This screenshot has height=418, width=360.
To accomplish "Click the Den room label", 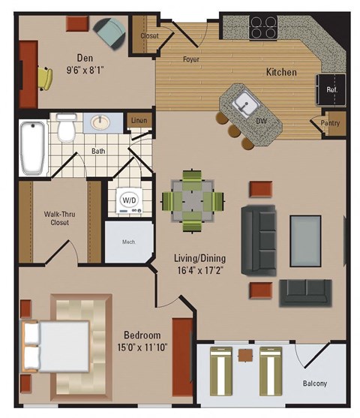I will click(85, 57).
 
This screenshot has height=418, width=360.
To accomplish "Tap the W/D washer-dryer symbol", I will click(129, 201).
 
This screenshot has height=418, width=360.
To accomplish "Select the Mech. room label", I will click(127, 242).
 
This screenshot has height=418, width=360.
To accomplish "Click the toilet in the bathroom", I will click(67, 130).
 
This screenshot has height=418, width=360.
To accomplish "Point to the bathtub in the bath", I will click(32, 146).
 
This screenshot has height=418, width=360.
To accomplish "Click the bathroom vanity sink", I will click(100, 122).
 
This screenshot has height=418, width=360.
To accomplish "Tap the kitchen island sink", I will click(243, 104).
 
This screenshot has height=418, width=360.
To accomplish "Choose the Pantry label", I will click(330, 124).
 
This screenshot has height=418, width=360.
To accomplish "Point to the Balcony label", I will click(315, 384).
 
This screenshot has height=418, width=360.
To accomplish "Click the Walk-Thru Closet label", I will click(56, 218).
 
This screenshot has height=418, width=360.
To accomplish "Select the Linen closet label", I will click(139, 119).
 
